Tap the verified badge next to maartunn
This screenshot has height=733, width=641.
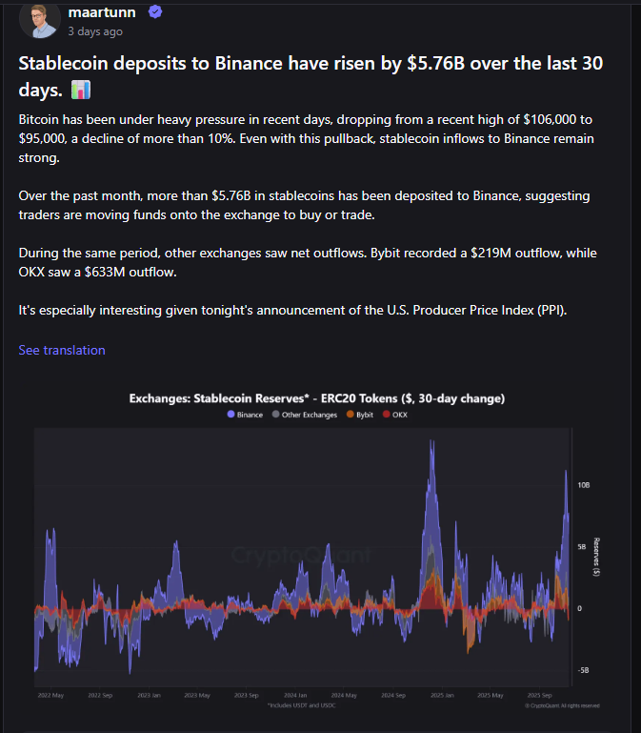[x=154, y=11]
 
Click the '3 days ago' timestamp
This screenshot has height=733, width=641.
[x=95, y=31]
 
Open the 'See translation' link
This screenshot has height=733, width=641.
[x=62, y=350]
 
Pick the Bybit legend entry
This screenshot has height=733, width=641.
[x=363, y=416]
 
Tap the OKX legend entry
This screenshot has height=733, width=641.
[x=395, y=416]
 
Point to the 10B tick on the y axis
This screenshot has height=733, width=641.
[x=584, y=484]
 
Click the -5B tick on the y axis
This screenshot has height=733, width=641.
[x=583, y=670]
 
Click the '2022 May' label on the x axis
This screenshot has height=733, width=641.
[x=51, y=696]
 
